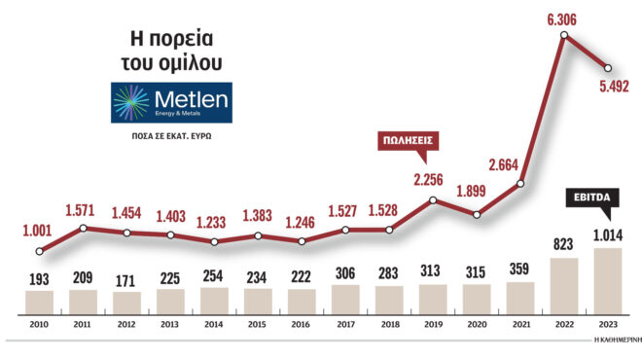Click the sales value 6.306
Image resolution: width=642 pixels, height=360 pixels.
563,19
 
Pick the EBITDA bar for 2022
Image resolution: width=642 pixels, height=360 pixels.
564,286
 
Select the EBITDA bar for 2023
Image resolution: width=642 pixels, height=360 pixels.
608,281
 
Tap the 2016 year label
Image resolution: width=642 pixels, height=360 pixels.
302,327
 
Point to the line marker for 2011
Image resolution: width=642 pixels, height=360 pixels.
84,228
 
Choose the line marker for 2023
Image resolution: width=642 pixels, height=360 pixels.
608,68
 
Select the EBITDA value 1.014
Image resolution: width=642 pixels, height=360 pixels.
608,234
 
